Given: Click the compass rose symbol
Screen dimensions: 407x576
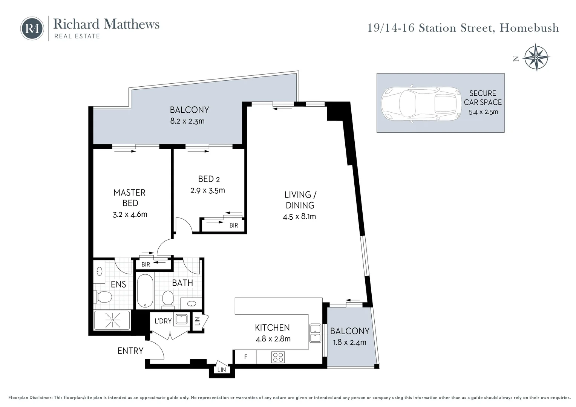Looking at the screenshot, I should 536,58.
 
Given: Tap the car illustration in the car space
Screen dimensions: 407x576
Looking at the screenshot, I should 421,103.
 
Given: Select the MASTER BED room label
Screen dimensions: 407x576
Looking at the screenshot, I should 130,198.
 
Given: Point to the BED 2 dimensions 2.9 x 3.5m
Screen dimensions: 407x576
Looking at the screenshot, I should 208,190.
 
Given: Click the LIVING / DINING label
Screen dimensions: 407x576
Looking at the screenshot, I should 300,200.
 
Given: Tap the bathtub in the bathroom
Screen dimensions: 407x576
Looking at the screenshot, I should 145,291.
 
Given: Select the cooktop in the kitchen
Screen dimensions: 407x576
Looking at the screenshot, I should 278,357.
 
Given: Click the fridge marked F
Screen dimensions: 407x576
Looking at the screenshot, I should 245,357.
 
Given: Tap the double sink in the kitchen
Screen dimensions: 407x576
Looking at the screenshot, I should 315,333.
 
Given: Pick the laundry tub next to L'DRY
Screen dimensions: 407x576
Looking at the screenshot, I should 181,319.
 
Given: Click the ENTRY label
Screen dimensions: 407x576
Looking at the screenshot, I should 130,351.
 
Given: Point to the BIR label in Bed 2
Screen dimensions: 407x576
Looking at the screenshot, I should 234,225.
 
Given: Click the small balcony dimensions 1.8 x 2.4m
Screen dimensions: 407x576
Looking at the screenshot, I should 350,343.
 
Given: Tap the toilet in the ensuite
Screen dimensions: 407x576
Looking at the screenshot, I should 103,297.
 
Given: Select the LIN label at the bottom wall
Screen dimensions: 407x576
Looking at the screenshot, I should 222,370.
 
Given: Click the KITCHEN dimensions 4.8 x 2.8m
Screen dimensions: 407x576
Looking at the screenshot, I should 273,339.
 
